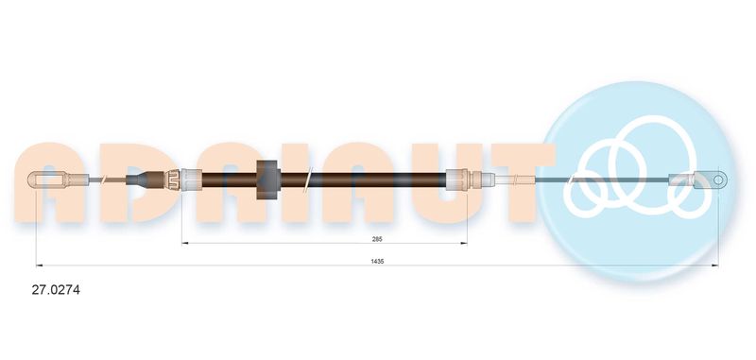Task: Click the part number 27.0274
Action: [x=56, y=290]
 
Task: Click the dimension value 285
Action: [x=377, y=238]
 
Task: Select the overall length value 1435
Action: [x=377, y=261]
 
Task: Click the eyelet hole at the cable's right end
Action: [x=718, y=180]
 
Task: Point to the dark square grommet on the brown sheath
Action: [x=268, y=180]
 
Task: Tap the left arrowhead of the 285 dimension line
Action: [x=184, y=244]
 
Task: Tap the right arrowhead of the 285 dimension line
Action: [x=464, y=244]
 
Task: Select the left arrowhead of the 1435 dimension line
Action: [x=39, y=266]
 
